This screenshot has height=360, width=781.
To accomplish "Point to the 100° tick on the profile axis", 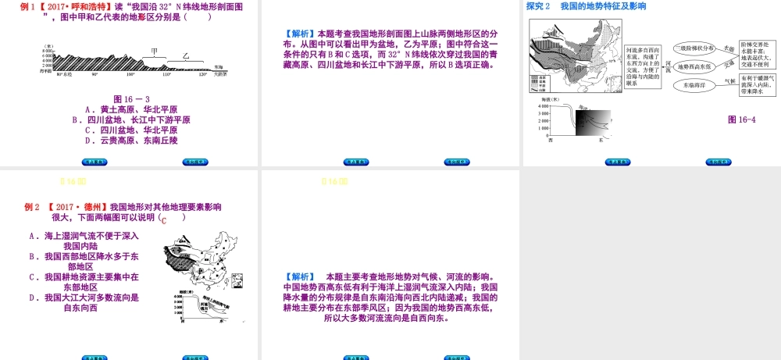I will (130, 74).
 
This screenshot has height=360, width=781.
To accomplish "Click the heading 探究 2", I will (539, 6).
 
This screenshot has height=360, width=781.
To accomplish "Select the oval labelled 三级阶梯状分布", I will (694, 48).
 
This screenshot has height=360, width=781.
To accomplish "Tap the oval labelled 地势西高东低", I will (694, 66).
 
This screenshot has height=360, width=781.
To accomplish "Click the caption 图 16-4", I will (741, 119).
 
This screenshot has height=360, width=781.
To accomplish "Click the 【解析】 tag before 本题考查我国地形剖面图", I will (301, 34).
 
